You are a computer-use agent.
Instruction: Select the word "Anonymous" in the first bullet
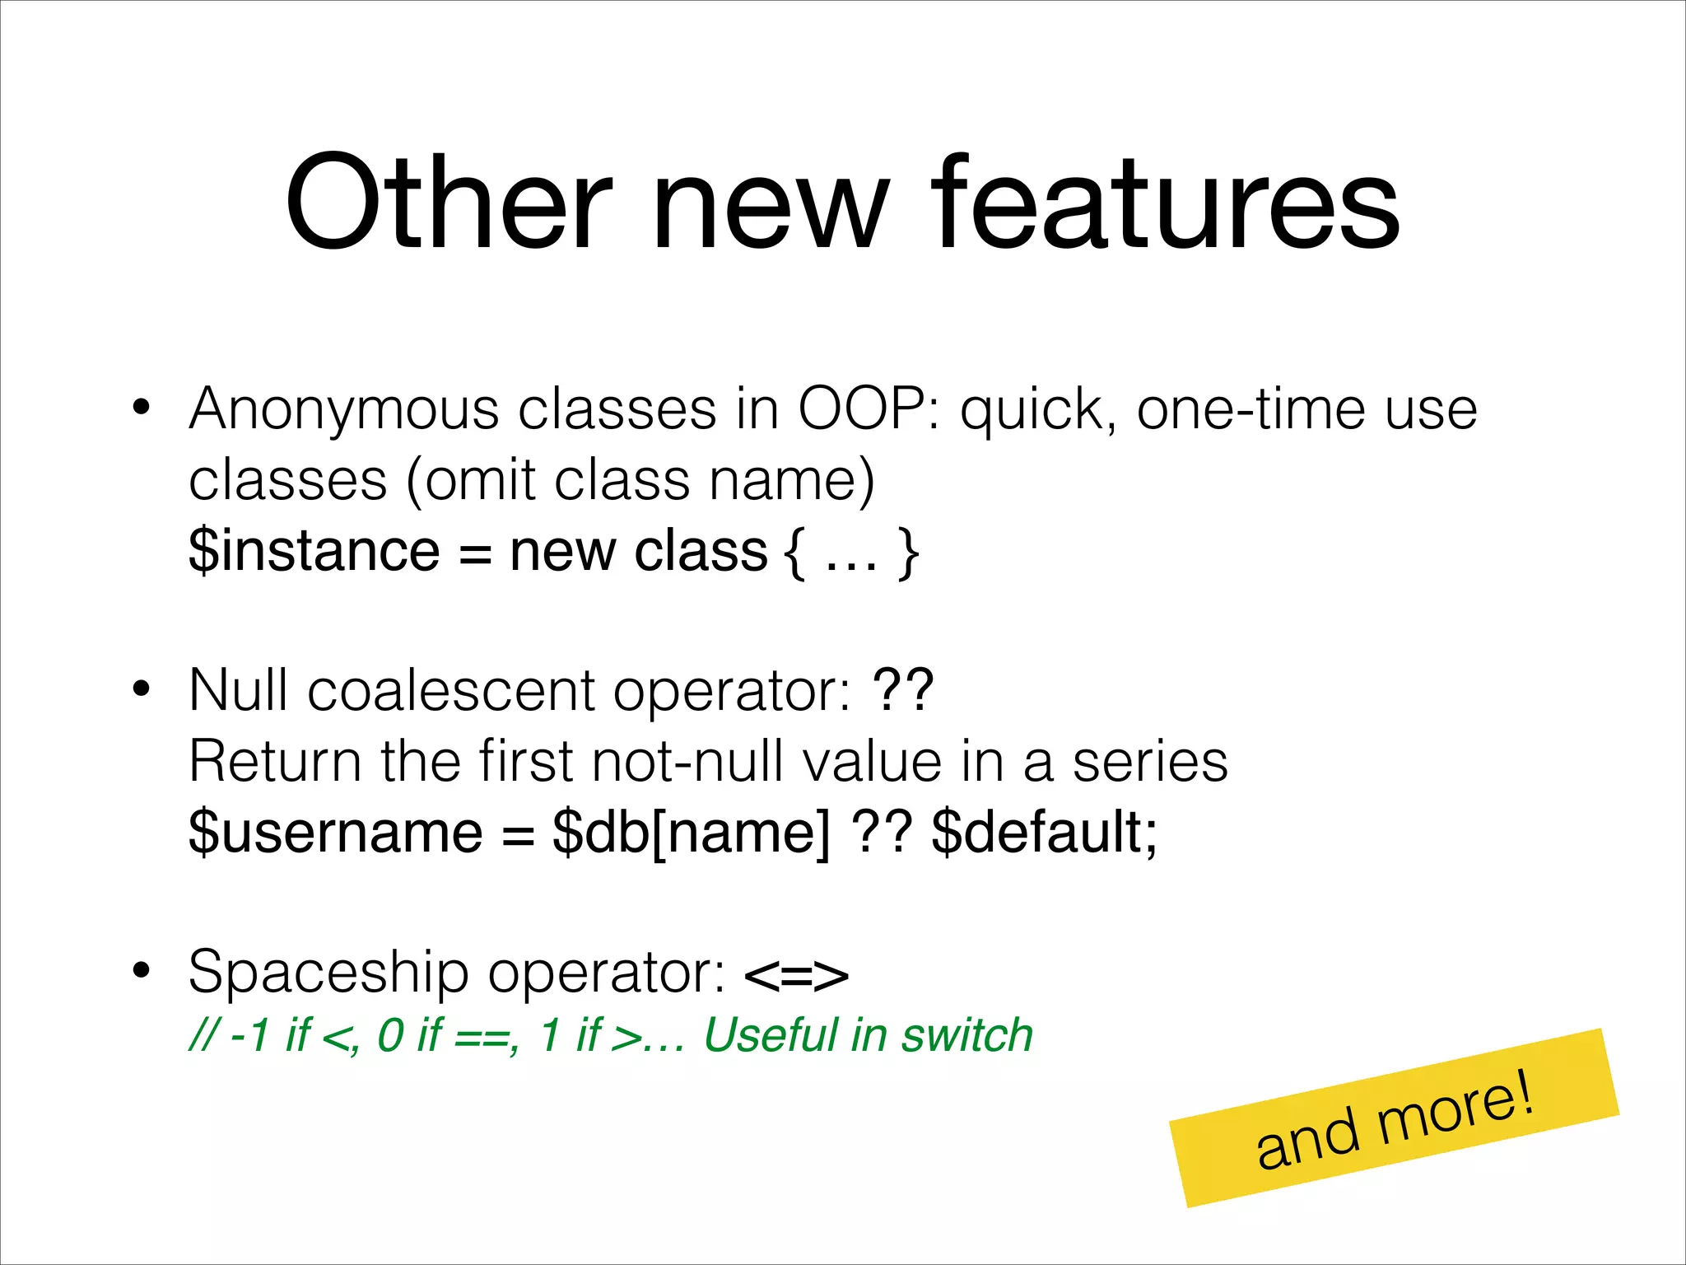pyautogui.click(x=343, y=409)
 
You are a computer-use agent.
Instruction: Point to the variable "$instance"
pyautogui.click(x=314, y=551)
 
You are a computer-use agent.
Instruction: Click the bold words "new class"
pyautogui.click(x=639, y=551)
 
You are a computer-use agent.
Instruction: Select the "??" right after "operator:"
pyautogui.click(x=903, y=689)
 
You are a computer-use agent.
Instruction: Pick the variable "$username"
pyautogui.click(x=335, y=833)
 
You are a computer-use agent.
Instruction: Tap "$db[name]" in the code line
pyautogui.click(x=692, y=833)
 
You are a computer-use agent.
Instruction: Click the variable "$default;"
pyautogui.click(x=1045, y=833)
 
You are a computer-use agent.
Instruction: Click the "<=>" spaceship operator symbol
pyautogui.click(x=795, y=975)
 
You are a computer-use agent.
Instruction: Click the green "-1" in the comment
pyautogui.click(x=250, y=1035)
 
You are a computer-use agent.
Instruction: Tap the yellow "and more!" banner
pyautogui.click(x=1395, y=1118)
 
